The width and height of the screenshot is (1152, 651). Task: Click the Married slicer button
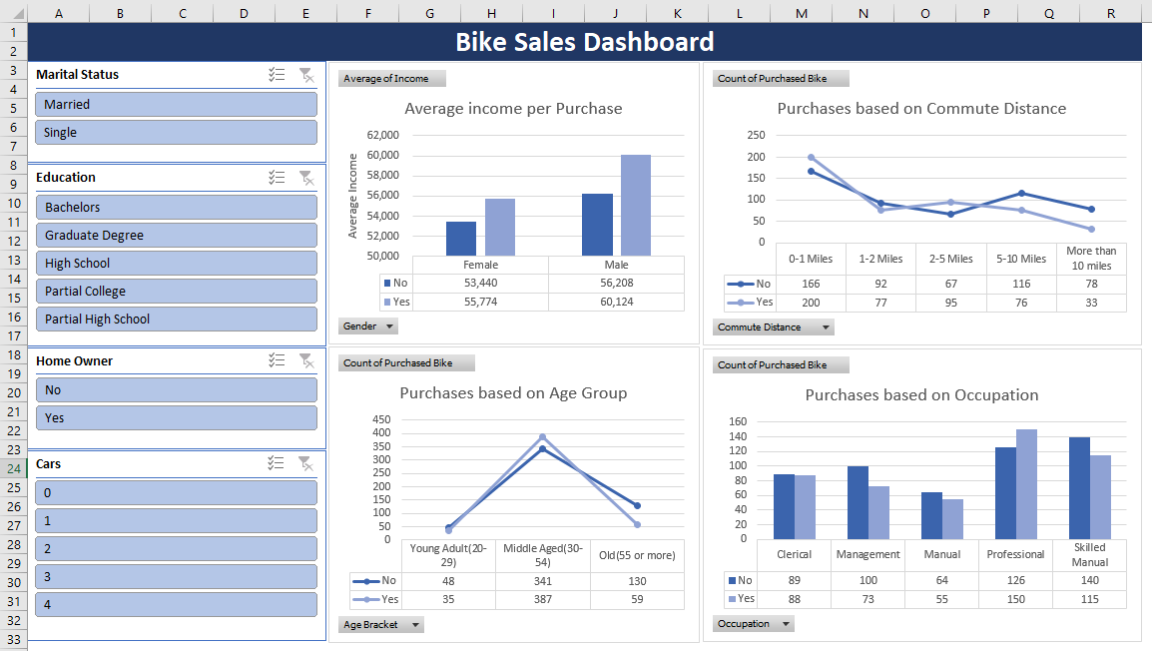tap(176, 104)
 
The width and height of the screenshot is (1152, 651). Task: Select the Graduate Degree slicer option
tap(176, 235)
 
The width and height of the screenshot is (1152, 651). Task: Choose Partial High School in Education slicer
tap(176, 319)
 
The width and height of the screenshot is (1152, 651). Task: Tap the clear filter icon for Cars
tap(306, 463)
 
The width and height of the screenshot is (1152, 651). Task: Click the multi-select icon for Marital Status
tap(278, 74)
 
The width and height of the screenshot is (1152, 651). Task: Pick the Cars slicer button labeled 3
tap(176, 576)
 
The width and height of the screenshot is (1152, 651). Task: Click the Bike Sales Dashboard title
tap(584, 42)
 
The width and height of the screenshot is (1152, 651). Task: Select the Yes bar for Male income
tap(635, 205)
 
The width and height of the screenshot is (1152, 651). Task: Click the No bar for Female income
tap(460, 239)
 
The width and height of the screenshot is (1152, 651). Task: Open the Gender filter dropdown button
tap(389, 326)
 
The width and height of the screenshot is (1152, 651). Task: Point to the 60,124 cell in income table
tap(616, 302)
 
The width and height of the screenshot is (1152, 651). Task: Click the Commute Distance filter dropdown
tap(825, 327)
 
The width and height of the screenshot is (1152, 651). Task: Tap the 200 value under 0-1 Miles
tap(811, 302)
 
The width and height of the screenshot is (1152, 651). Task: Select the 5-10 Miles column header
tap(1021, 259)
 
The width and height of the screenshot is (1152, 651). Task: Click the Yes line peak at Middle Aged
tap(542, 436)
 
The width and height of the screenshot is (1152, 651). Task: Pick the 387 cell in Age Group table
tap(542, 599)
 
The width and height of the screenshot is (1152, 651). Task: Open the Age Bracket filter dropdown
tap(415, 625)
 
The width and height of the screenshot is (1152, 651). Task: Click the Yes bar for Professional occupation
tap(1026, 483)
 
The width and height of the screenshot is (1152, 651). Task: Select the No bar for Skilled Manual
tap(1079, 487)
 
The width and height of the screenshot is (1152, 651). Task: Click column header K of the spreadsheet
tap(677, 12)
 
